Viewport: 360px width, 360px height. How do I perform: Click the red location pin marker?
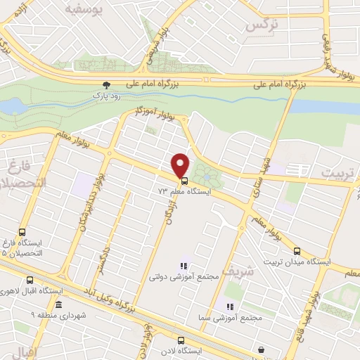coord(181,164)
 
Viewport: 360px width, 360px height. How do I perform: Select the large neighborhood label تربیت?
coord(335,172)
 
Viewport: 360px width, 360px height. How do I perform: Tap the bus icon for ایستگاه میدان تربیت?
coord(297,250)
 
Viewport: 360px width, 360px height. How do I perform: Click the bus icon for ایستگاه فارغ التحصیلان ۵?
coord(22,232)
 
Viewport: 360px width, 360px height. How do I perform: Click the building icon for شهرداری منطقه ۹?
coord(58,304)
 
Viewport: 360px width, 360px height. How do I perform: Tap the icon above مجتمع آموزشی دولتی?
coord(183,266)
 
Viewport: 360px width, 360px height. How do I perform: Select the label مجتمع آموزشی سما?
coord(239,317)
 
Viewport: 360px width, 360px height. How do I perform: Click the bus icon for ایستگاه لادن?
coord(180,340)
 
